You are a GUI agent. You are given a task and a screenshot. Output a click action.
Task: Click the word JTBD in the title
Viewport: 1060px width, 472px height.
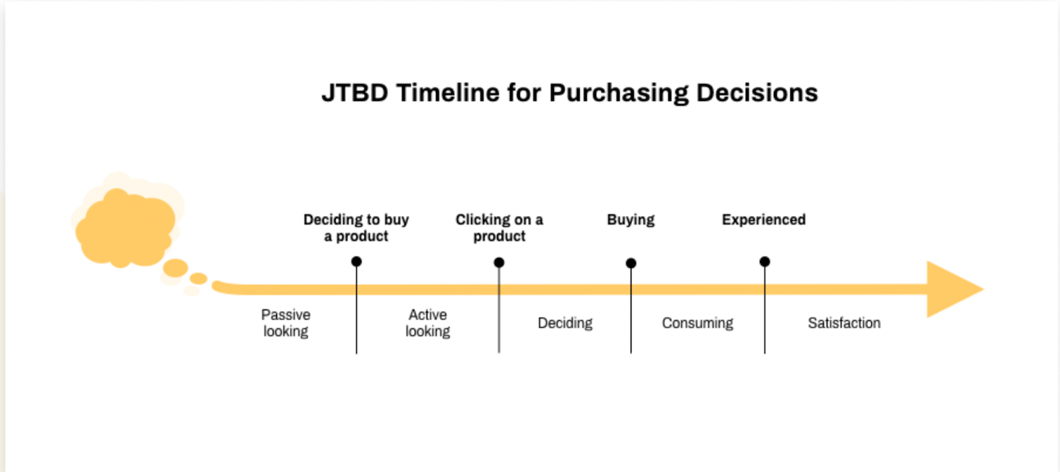point(354,93)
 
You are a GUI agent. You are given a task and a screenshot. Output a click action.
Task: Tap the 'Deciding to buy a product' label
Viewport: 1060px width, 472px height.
point(356,227)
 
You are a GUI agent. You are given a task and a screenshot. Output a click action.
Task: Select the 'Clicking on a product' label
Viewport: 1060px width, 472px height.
point(499,227)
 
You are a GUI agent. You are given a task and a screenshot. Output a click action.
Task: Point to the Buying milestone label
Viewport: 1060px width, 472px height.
point(631,219)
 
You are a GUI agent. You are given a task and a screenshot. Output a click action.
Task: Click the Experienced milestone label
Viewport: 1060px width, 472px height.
point(764,219)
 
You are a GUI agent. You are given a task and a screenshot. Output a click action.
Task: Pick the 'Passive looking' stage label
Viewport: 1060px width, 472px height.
point(286,323)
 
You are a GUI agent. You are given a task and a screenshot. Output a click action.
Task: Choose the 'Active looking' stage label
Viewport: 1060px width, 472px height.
point(427,323)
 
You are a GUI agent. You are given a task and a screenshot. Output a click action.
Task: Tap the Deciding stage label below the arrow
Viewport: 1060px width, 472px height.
point(565,323)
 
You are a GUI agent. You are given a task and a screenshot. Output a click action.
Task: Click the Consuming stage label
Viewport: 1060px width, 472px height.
point(698,323)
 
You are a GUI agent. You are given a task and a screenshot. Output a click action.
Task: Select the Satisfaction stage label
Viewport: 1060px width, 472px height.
point(844,323)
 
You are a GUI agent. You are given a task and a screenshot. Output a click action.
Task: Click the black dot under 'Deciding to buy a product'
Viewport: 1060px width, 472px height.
point(356,262)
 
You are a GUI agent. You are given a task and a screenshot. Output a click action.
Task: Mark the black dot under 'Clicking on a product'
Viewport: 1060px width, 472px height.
point(499,263)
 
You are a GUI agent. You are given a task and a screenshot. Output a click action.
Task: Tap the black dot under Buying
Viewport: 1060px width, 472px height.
point(631,263)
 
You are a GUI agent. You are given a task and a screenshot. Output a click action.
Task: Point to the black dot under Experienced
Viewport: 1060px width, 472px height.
point(765,262)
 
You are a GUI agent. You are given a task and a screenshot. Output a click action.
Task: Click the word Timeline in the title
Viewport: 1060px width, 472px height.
point(448,93)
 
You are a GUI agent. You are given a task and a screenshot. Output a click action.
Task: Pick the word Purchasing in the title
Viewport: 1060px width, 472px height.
point(619,93)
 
